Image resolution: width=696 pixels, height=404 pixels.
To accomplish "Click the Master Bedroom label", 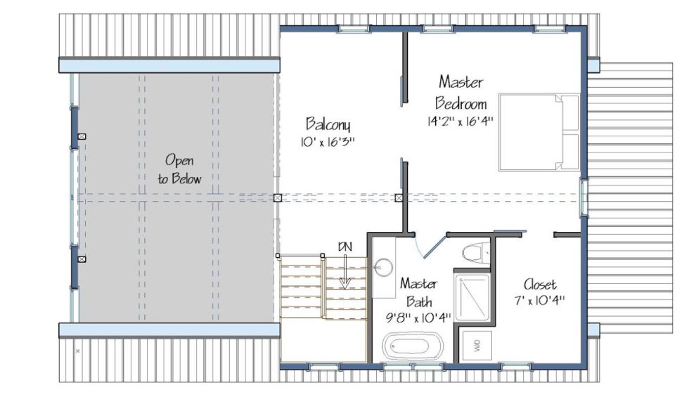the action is [x=460, y=93].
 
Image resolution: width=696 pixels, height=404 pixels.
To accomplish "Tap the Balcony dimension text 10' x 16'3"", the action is [x=328, y=142].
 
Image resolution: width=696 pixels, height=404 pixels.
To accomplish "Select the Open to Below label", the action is [x=179, y=169].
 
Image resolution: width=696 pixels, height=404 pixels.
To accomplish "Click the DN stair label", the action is [x=345, y=247].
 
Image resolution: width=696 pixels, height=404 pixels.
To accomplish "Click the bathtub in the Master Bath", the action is [x=413, y=346].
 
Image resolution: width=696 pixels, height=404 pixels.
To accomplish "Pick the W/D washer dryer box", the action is [x=477, y=345].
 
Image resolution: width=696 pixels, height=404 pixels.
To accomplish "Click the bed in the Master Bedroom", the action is [x=539, y=131].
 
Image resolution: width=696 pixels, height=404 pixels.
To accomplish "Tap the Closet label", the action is [x=540, y=285].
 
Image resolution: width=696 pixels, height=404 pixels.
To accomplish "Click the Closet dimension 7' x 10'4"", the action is [x=540, y=300].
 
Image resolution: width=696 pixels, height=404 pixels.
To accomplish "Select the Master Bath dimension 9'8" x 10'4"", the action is [x=418, y=318].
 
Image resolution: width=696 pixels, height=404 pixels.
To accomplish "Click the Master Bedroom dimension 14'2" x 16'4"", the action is [x=460, y=121].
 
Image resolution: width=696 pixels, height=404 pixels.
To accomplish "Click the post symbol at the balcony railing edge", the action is [x=278, y=198].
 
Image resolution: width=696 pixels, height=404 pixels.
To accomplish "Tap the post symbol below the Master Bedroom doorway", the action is [x=399, y=198].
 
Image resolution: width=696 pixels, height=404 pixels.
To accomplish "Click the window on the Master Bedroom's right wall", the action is [x=584, y=198].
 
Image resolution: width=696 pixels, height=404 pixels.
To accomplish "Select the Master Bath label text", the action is [x=418, y=293].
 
